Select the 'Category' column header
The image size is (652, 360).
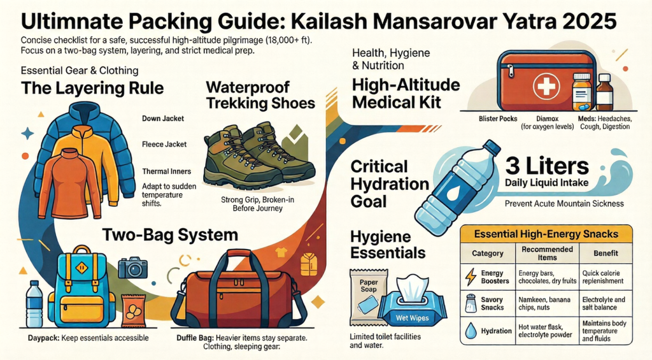tap(488, 253)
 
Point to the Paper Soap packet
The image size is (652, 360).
tap(367, 294)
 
